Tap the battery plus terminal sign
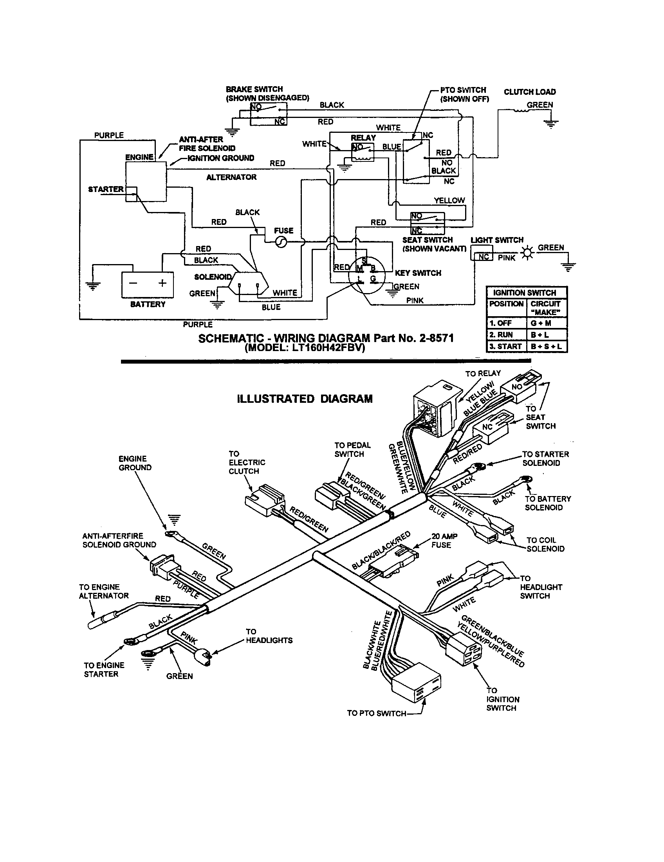(162, 283)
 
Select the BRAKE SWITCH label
(254, 89)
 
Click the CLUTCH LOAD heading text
(530, 92)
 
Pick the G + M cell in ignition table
(546, 323)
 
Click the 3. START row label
(506, 346)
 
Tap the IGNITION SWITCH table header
(524, 293)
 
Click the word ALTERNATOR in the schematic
(231, 177)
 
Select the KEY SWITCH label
(418, 273)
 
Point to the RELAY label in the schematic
(363, 138)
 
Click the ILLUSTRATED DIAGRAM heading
(305, 398)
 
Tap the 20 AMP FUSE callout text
(444, 541)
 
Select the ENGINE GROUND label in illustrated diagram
(135, 463)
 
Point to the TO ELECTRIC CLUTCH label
(247, 462)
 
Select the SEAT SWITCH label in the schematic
(428, 240)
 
